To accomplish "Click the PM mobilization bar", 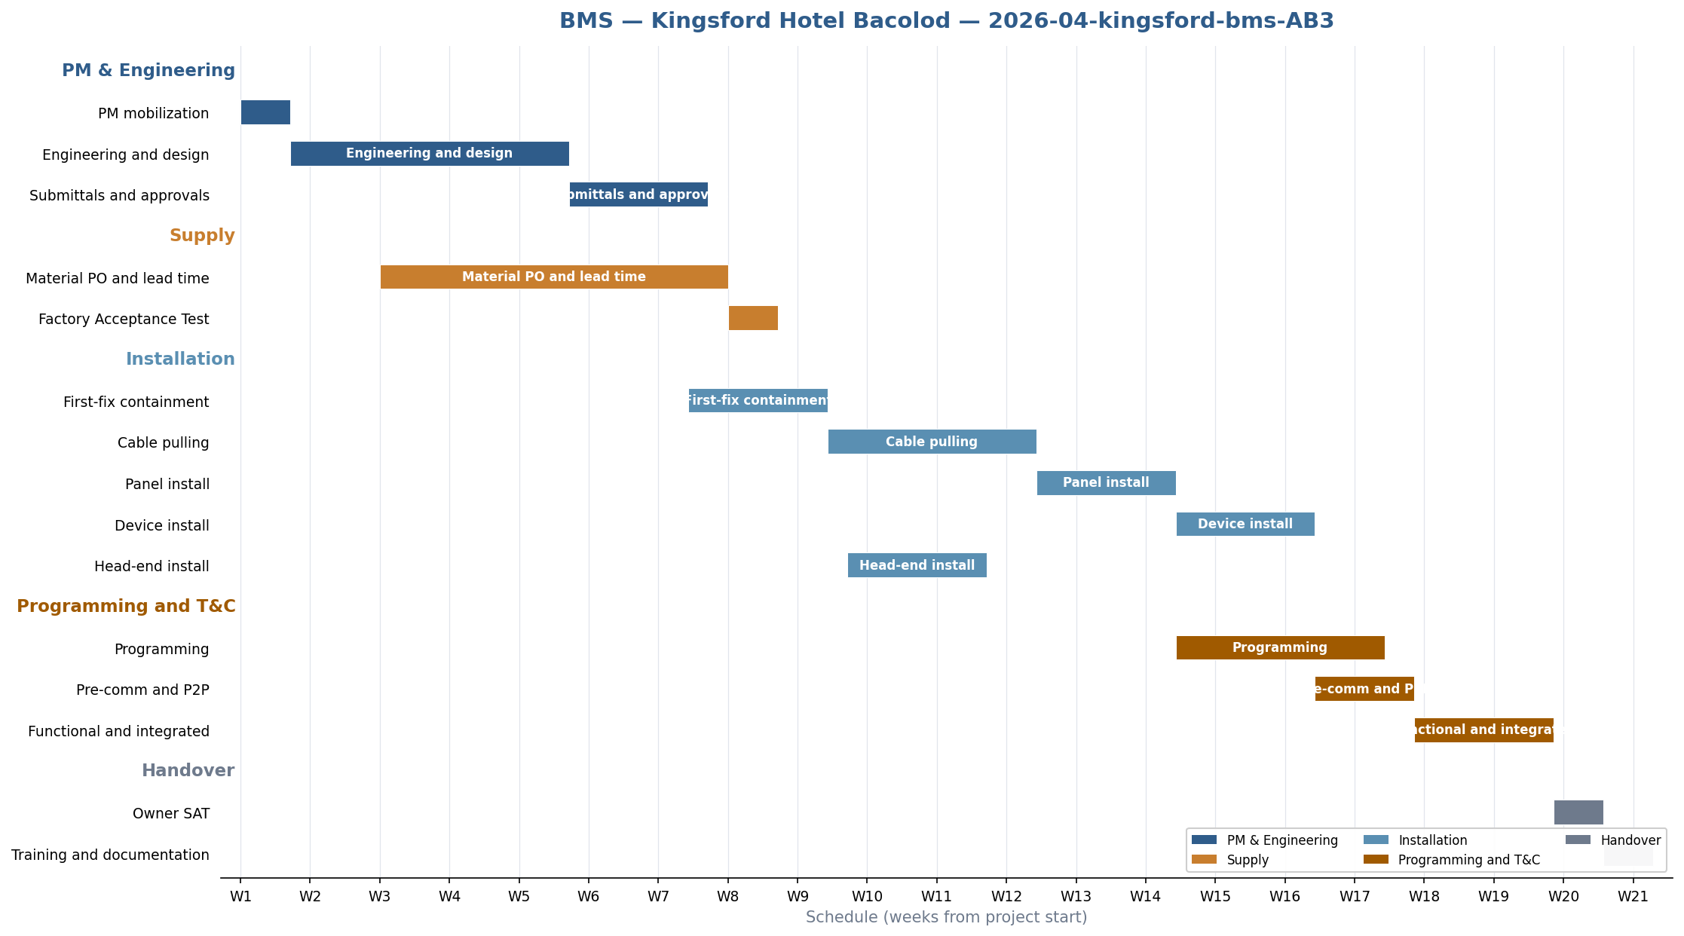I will click(265, 112).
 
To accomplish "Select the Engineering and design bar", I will click(430, 154).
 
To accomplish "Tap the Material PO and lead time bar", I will click(554, 277).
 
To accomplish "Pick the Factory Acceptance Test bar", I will click(753, 318).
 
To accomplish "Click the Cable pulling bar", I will click(932, 442).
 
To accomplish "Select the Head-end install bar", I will click(917, 565).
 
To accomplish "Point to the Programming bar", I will click(1280, 647).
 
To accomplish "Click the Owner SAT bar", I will click(1578, 812).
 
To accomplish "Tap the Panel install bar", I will click(1106, 483).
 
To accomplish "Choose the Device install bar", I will click(1245, 524).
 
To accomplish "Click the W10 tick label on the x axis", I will click(867, 897).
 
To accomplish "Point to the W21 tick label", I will click(1633, 897).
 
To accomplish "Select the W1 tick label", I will click(240, 897).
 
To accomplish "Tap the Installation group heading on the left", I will click(180, 359).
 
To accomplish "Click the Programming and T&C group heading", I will click(126, 607).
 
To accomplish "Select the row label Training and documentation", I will click(110, 855).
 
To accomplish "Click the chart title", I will click(946, 21).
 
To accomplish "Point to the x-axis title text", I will click(946, 917).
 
